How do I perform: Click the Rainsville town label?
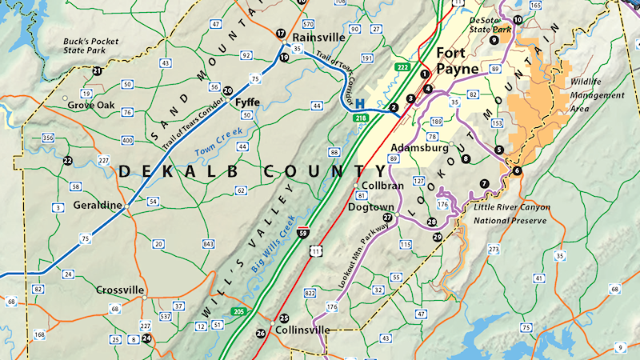319,38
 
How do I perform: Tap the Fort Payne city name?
458,61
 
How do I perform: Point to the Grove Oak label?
91,105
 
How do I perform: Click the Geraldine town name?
98,205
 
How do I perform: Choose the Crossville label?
120,290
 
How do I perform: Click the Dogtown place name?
371,206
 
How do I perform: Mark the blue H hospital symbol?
360,104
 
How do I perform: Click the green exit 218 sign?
362,118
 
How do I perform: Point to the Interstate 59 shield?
302,233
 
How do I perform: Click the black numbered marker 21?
97,71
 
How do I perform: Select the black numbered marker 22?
68,161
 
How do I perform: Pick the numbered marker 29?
437,237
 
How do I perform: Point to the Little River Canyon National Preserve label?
511,213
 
